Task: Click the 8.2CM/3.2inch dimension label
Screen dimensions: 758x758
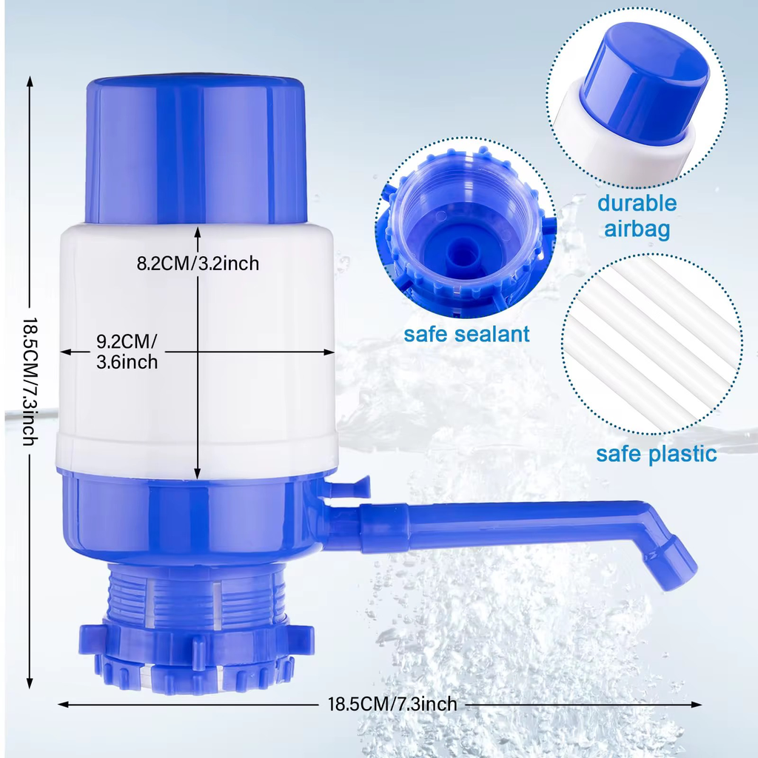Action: [x=198, y=264]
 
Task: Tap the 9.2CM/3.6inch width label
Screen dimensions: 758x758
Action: [x=127, y=352]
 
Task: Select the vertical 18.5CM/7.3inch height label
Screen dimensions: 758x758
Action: [x=30, y=381]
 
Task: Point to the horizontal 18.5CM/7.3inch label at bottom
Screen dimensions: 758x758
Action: [x=392, y=704]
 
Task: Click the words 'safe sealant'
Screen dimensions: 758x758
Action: [x=466, y=334]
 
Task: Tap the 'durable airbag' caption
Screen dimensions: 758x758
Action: [x=637, y=216]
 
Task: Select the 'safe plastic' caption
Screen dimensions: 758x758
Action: [x=656, y=454]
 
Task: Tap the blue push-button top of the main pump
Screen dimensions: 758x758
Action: [x=197, y=150]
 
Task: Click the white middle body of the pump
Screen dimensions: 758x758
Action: [x=197, y=348]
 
